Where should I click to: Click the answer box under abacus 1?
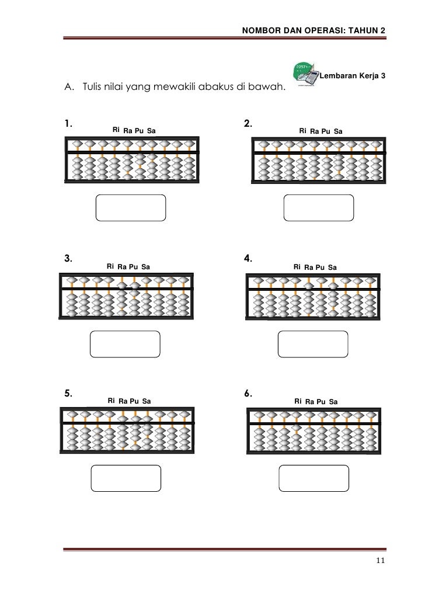click(x=130, y=208)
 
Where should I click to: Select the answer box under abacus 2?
click(x=318, y=208)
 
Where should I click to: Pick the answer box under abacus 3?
click(x=125, y=343)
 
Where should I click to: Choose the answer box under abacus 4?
click(x=313, y=343)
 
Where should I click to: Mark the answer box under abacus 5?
click(x=125, y=478)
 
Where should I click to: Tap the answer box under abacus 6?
click(x=313, y=478)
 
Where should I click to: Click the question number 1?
click(x=68, y=123)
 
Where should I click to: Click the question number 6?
click(x=248, y=392)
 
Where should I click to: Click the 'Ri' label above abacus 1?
click(x=116, y=130)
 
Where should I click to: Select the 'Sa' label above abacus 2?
click(x=338, y=132)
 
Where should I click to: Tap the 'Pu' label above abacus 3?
click(x=134, y=267)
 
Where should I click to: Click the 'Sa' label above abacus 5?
click(x=147, y=401)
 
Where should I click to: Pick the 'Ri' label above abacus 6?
click(x=298, y=401)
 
